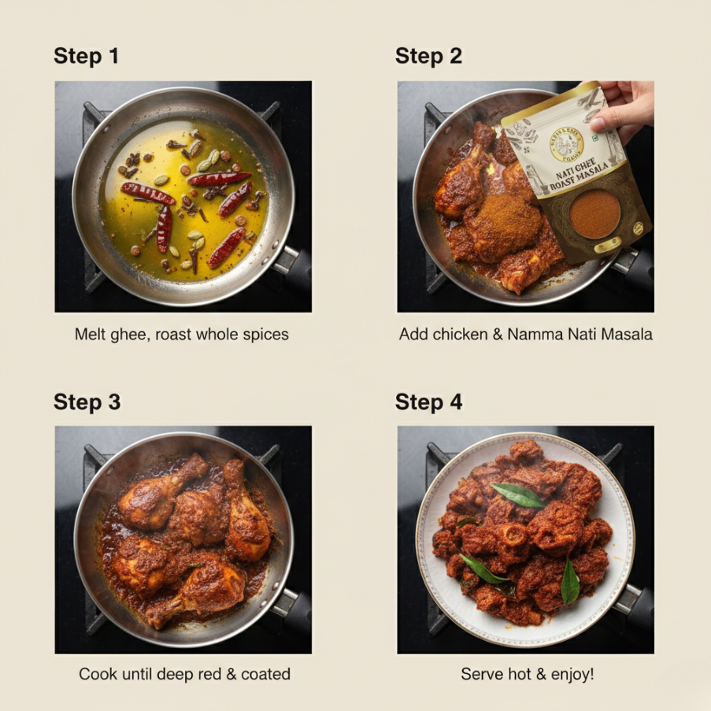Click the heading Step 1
pos(86,56)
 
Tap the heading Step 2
pos(428,56)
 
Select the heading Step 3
pos(87,402)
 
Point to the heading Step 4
pos(428,402)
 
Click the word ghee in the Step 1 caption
pos(131,335)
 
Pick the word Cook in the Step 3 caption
pos(95,675)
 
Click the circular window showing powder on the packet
pos(595,214)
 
